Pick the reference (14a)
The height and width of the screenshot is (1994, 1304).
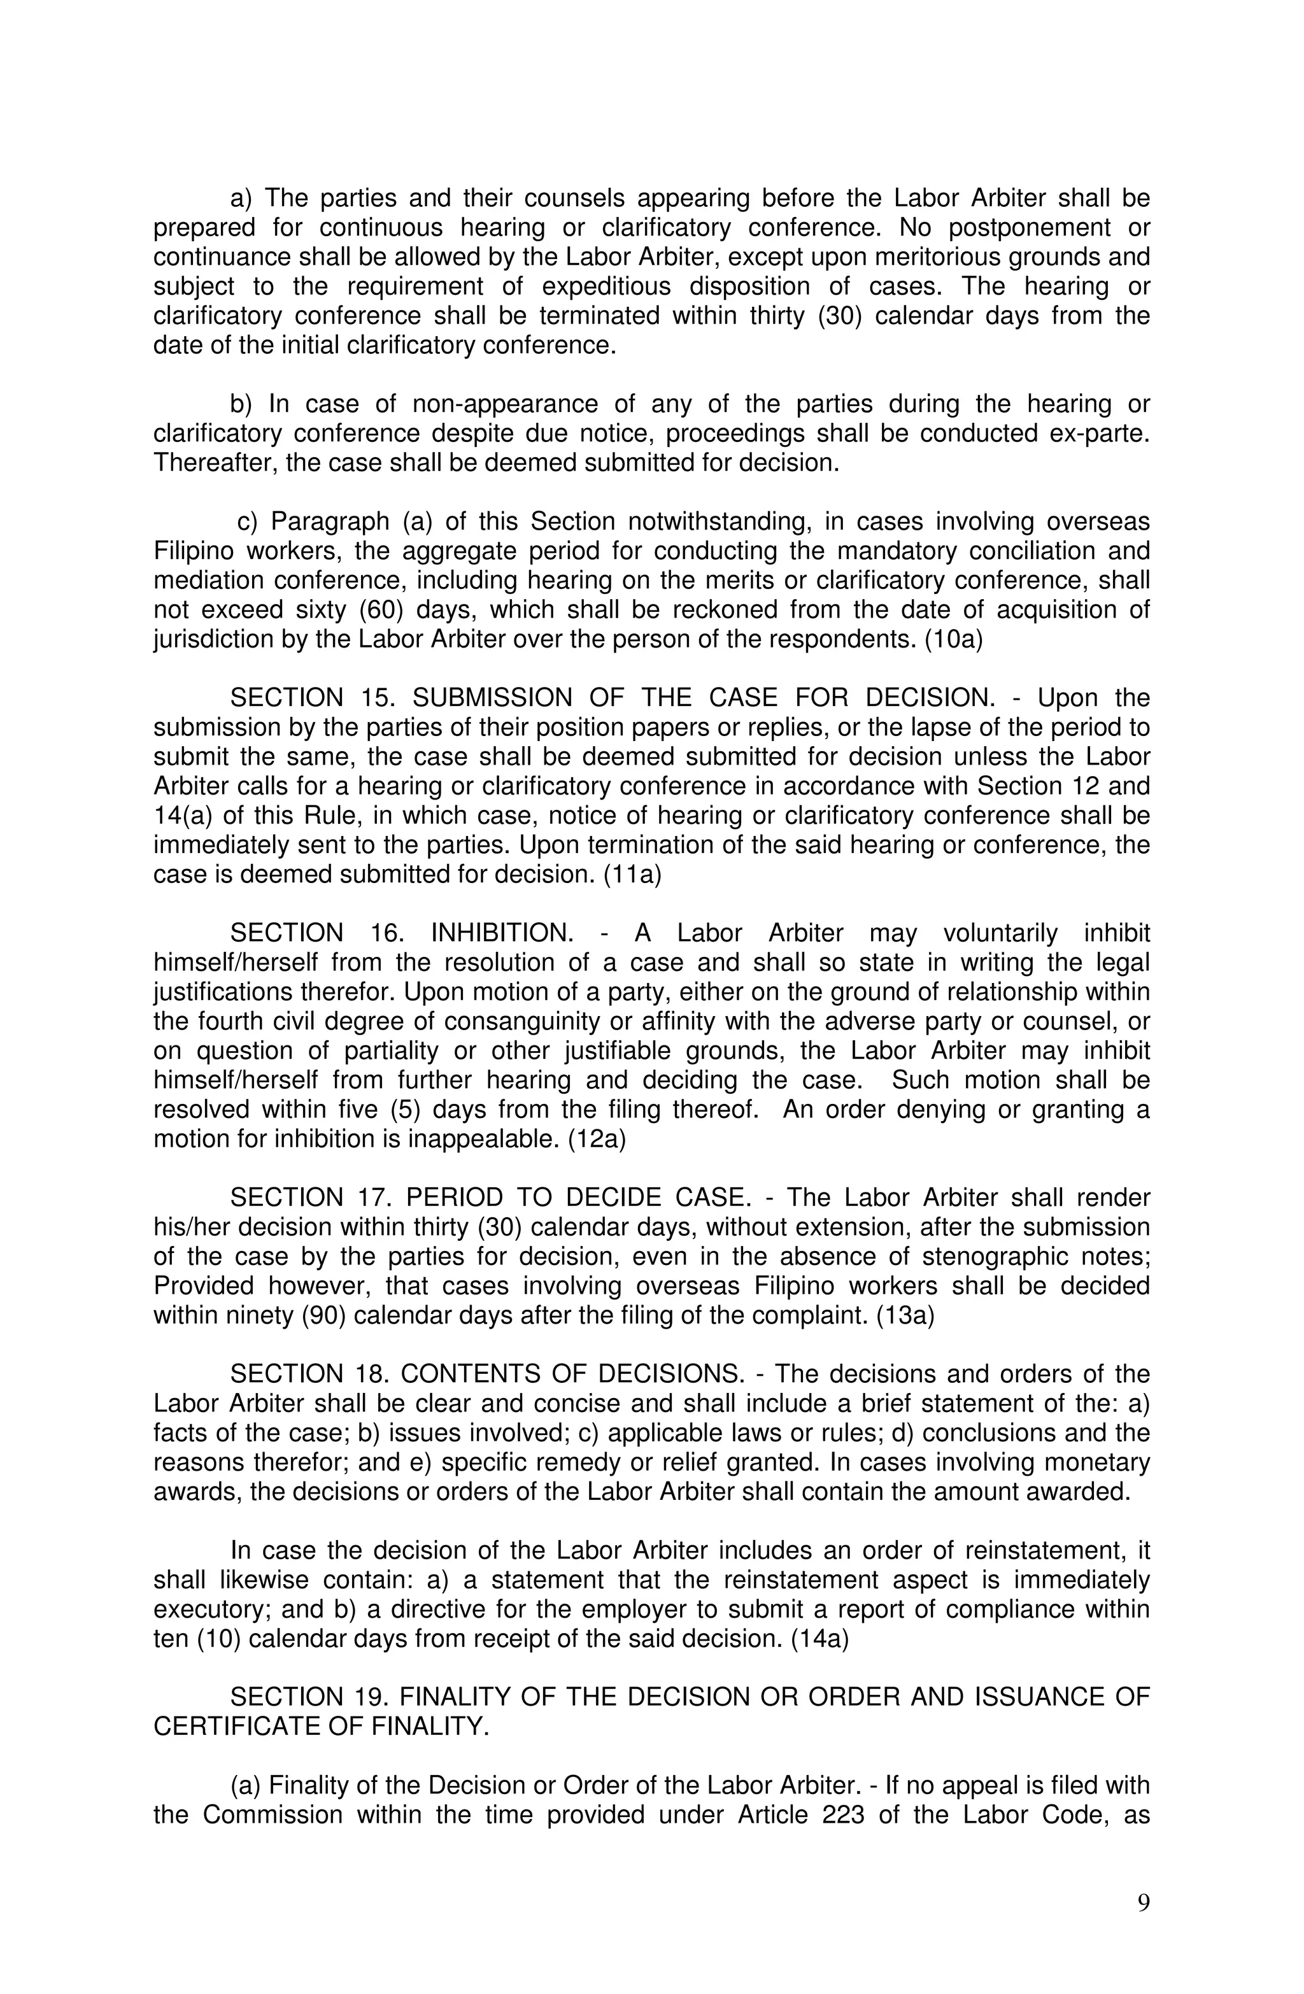819,1639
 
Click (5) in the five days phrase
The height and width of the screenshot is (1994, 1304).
405,1109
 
